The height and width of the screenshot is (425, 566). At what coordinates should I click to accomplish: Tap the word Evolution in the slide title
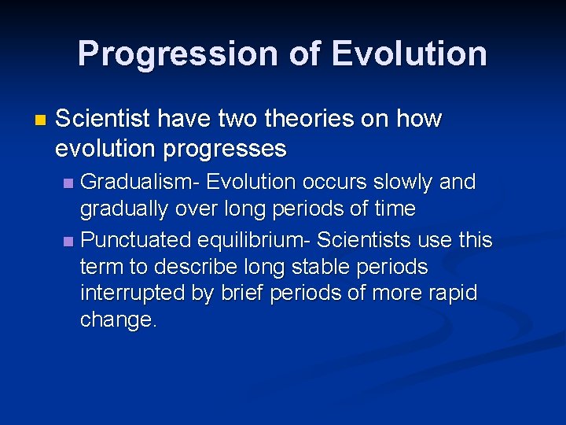point(409,54)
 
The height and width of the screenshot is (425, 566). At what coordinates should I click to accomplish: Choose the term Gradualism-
point(142,182)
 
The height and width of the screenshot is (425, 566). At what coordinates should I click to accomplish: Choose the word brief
point(241,294)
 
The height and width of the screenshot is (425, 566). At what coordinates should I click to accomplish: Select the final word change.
point(119,320)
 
